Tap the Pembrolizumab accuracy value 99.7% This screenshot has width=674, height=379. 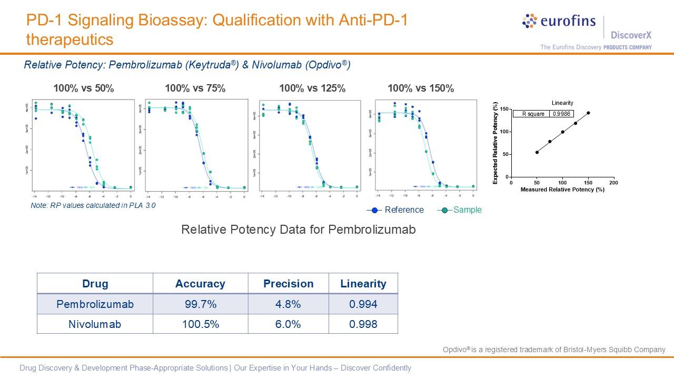(200, 304)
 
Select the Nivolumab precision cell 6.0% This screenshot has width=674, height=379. (288, 324)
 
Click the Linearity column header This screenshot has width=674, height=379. (363, 284)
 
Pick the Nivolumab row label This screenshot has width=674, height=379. (95, 324)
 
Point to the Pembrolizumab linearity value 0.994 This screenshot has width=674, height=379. (363, 304)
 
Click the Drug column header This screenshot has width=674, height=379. (95, 284)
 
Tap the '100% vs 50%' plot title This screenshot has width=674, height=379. (83, 88)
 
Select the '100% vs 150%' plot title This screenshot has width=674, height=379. (421, 88)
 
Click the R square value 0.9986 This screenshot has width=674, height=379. (561, 114)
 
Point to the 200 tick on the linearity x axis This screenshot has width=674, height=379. (613, 183)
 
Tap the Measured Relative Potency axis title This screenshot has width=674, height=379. (562, 189)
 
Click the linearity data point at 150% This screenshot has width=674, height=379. (588, 113)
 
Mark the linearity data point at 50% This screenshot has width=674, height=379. (537, 152)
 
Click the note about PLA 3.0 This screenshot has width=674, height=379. (93, 205)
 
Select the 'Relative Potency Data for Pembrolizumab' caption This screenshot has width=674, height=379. (298, 230)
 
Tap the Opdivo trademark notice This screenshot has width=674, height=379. (554, 350)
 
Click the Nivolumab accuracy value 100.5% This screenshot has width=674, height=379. (200, 324)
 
